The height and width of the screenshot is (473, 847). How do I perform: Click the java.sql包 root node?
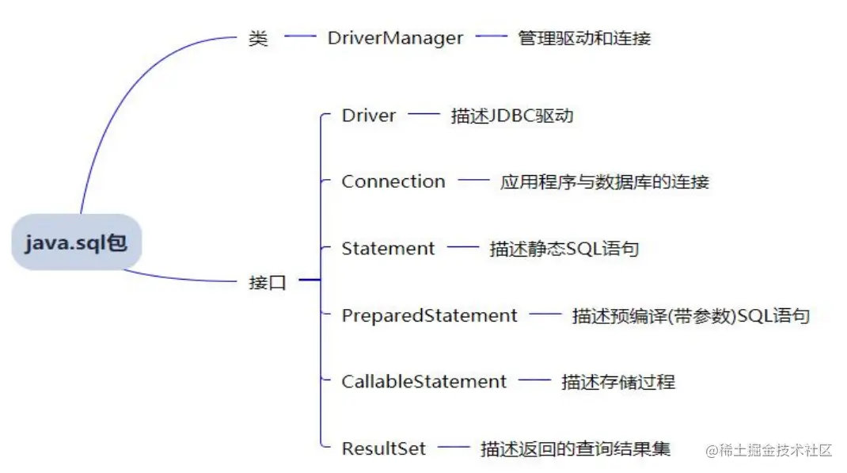76,242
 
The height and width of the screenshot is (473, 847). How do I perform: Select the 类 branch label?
258,38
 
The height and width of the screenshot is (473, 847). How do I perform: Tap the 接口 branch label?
268,281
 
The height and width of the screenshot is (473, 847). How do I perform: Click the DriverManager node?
395,38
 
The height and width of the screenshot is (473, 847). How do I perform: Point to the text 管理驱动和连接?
584,38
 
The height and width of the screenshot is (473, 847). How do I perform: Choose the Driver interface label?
368,116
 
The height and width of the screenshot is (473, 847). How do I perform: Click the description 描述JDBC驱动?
511,116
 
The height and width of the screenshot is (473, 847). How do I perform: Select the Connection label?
393,181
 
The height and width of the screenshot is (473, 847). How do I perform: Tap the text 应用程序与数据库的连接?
604,182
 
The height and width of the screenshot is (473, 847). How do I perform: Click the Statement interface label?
388,249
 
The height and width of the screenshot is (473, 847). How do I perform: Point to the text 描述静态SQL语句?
564,249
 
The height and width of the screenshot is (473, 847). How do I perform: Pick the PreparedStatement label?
429,315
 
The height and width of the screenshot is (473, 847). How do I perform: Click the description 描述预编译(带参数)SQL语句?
690,316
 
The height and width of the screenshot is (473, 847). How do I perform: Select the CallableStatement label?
424,382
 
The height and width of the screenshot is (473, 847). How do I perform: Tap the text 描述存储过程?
617,382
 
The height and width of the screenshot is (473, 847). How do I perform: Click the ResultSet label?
383,448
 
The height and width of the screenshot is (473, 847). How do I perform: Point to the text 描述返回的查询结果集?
575,449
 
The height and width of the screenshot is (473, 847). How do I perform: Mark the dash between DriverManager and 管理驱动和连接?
491,36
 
